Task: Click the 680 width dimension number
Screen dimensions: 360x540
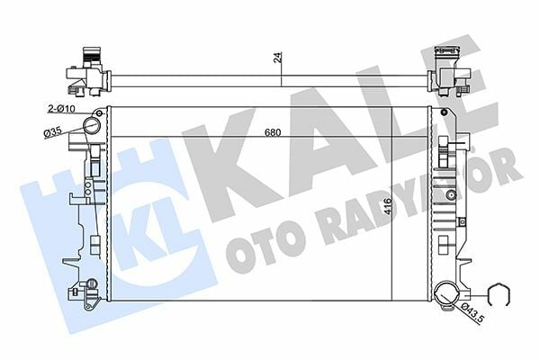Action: (x=272, y=134)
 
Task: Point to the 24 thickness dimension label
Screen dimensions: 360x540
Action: (x=278, y=58)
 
